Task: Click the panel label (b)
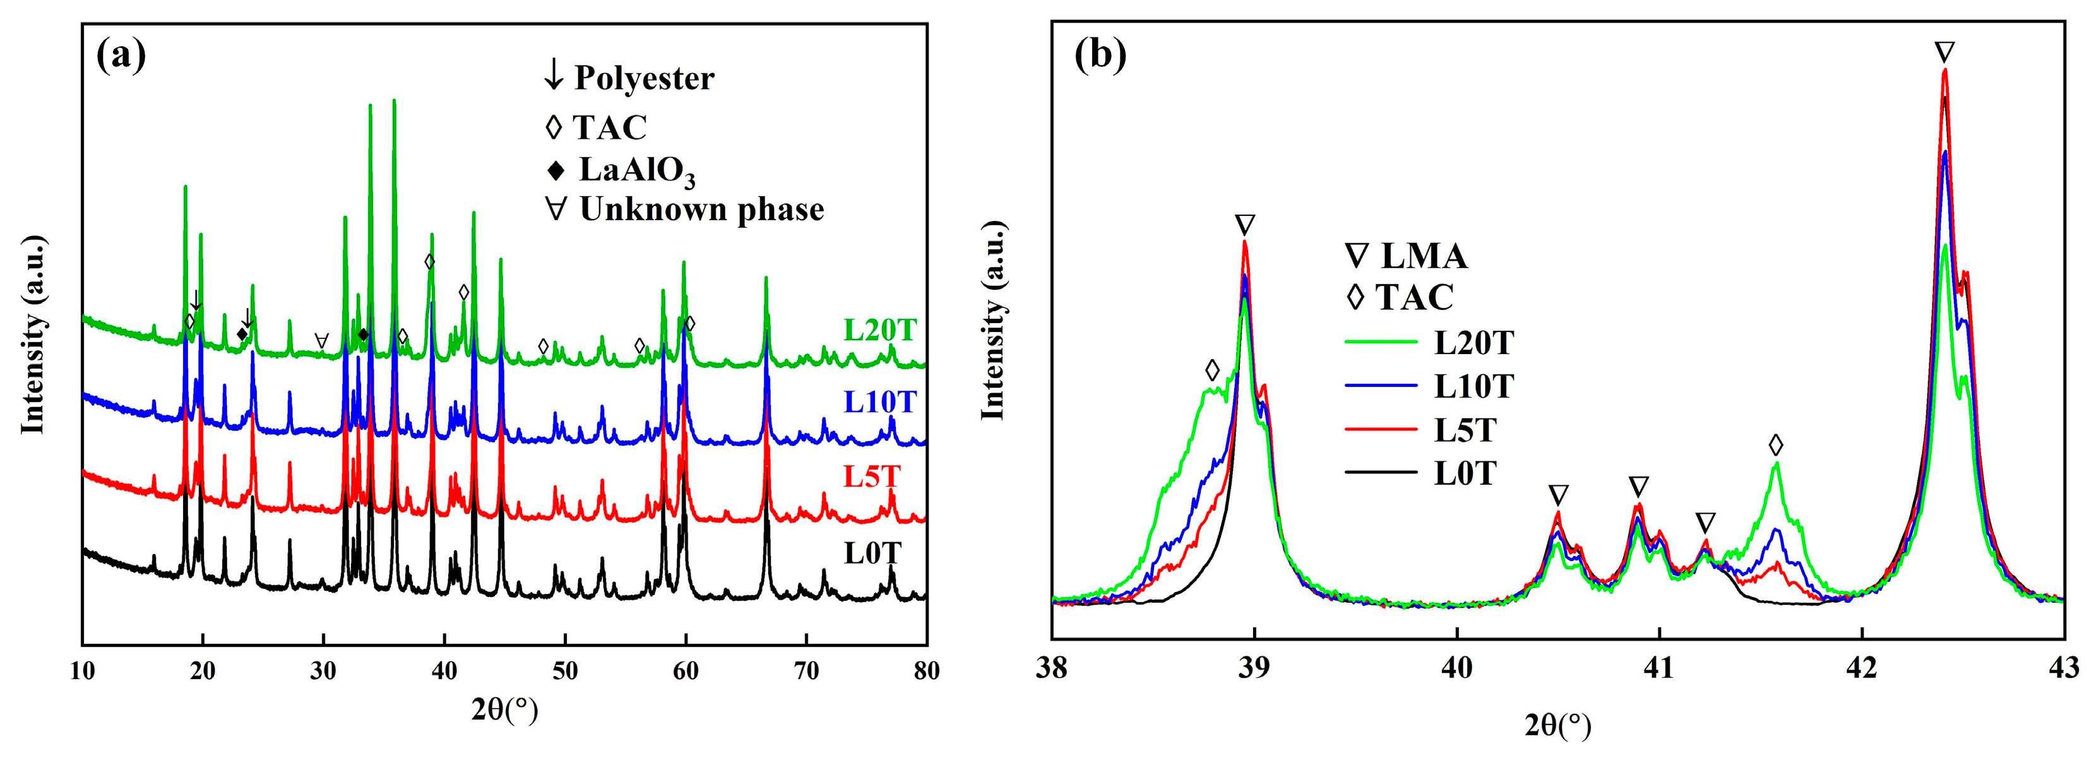1100,57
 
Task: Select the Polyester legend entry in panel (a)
630,78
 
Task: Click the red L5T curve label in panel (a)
872,477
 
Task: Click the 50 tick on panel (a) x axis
565,672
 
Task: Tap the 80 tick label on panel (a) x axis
926,672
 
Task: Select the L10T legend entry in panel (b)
1473,386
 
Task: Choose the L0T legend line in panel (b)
1381,472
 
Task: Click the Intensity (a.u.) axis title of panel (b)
993,320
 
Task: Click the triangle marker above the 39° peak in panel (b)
1246,224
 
